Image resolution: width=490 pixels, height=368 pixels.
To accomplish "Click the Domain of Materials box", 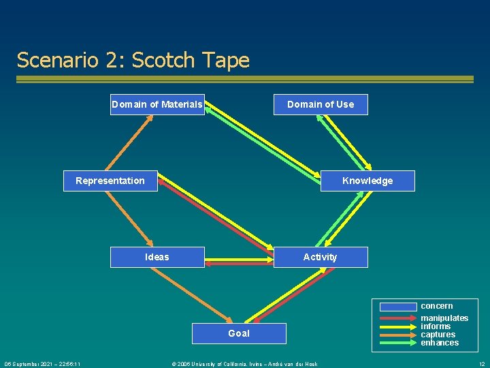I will point(157,104).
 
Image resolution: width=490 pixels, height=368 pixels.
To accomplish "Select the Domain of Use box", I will point(321,104).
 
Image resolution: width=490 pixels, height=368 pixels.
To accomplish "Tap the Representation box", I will point(110,181).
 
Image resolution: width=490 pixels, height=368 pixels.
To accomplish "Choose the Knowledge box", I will point(367,181).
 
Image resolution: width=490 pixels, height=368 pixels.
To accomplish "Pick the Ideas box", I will point(157,257).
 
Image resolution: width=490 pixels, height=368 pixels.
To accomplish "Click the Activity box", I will point(320,257).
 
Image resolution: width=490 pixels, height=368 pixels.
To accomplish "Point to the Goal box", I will point(239,333).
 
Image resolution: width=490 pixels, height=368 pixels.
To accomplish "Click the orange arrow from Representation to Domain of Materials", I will point(128,143).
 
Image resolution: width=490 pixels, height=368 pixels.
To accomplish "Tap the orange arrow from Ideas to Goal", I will point(197,294).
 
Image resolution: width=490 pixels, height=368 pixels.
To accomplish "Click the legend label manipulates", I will point(444,318).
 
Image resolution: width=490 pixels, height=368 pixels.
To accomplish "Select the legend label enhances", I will point(440,343).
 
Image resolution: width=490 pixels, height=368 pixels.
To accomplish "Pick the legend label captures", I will point(438,335).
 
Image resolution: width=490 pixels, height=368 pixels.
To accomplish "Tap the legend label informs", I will point(436,326).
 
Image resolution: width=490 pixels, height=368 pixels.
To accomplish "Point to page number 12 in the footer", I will point(482,364).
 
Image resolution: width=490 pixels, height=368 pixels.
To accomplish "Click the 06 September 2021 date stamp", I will point(42,364).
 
